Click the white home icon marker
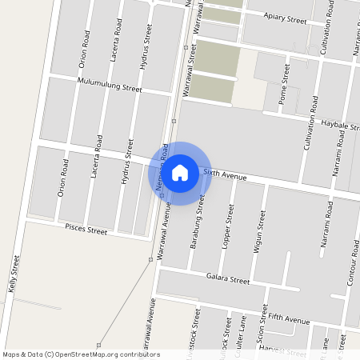[x=180, y=172]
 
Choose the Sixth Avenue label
[x=224, y=174]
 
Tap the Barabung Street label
[x=201, y=220]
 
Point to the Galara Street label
[x=228, y=280]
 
